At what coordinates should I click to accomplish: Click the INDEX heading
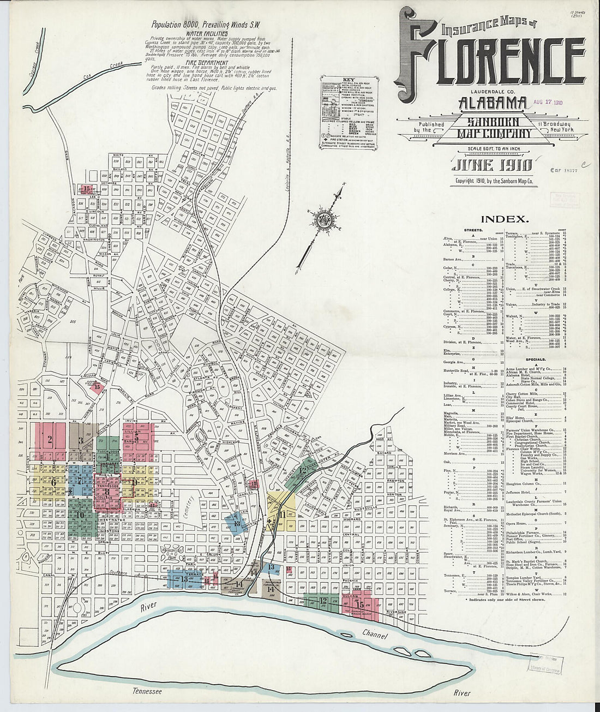click(505, 219)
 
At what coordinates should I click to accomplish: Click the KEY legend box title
click(341, 79)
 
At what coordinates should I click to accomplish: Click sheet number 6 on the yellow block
click(53, 482)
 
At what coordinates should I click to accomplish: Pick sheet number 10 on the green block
click(80, 514)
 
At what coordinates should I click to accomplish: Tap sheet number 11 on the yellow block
click(282, 514)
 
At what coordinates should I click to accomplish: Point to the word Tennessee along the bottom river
click(148, 691)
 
